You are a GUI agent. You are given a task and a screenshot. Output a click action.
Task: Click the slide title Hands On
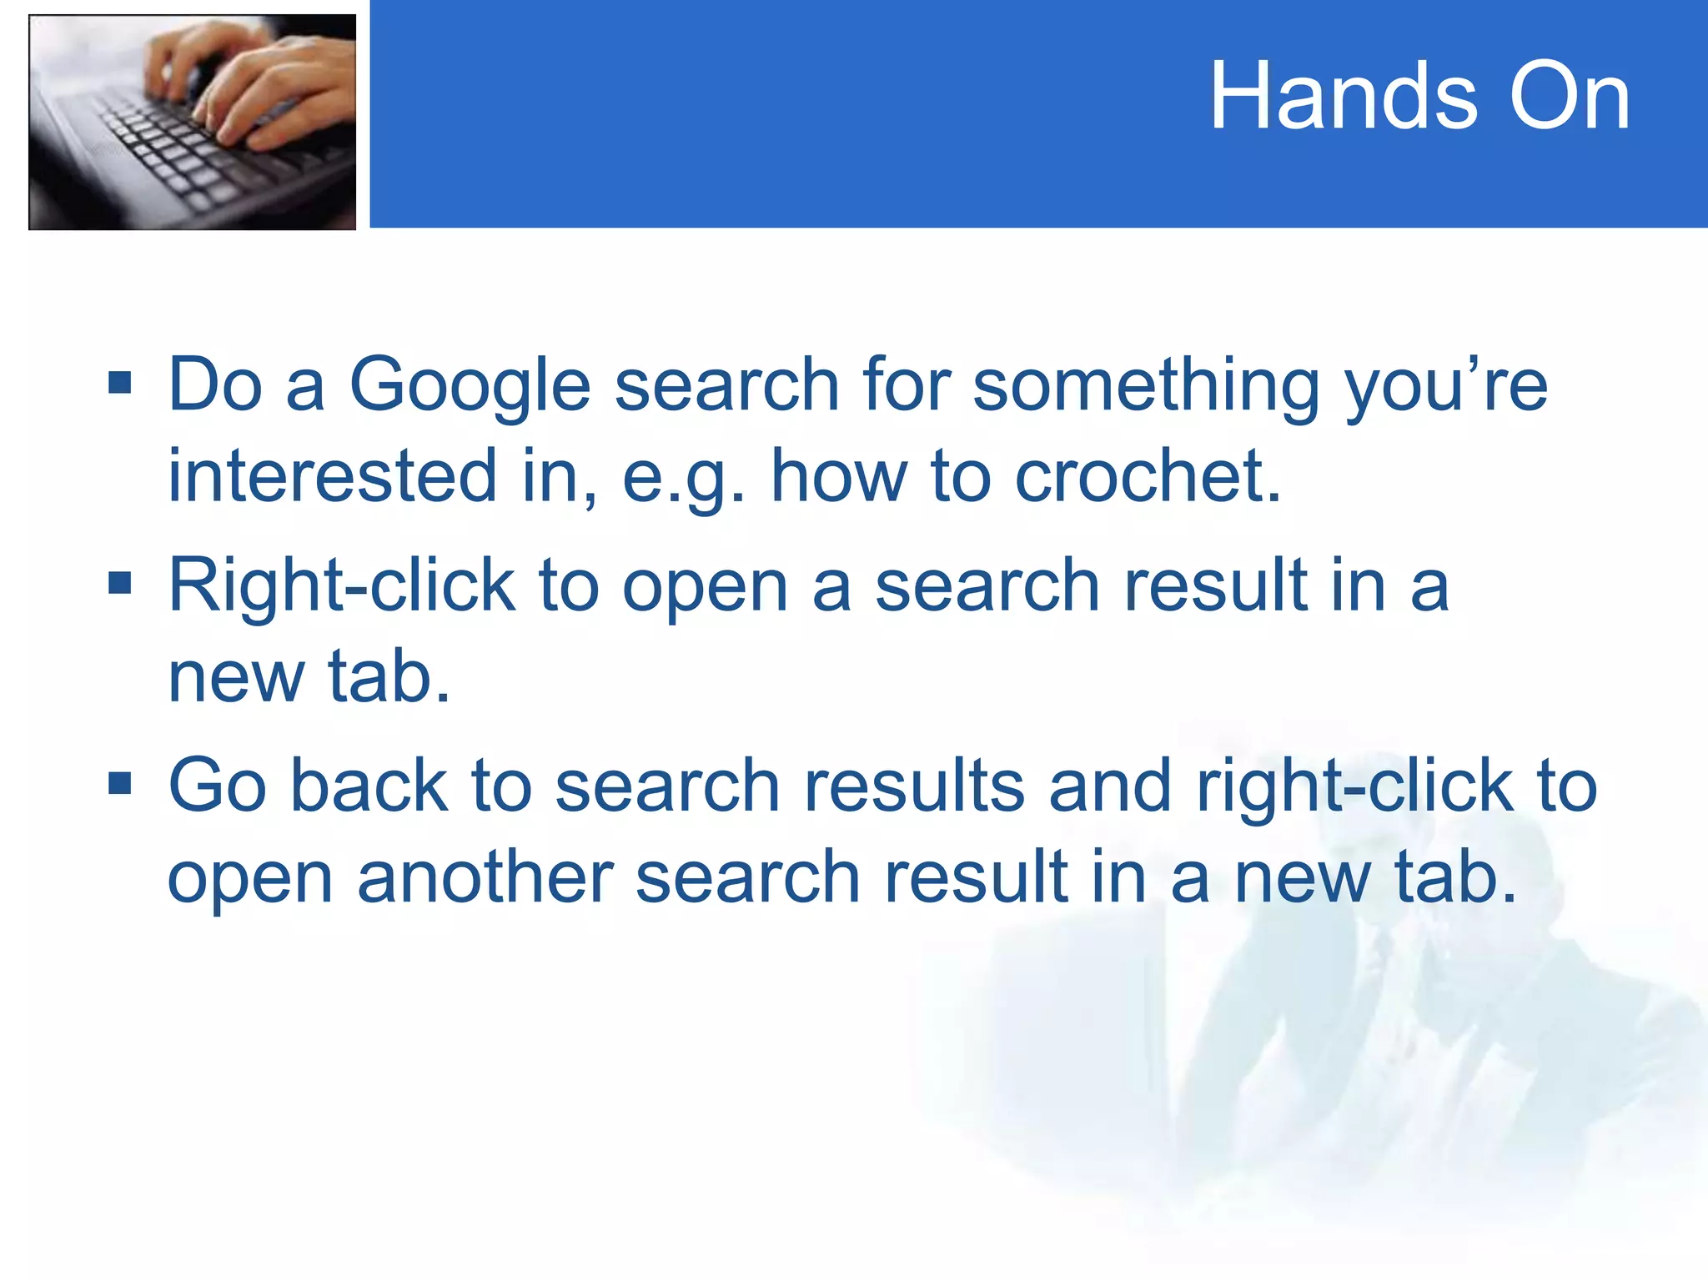coord(1419,97)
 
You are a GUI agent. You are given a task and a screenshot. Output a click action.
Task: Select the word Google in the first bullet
coord(470,385)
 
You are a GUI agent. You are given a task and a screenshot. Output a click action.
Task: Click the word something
coord(1147,385)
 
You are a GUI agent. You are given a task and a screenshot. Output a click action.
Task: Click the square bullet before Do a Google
coord(120,383)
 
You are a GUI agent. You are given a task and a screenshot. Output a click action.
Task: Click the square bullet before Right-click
coord(120,584)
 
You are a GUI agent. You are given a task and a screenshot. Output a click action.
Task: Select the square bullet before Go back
coord(120,784)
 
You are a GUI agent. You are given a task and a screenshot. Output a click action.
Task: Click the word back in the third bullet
coord(369,786)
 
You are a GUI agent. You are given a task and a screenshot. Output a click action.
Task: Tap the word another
coord(485,877)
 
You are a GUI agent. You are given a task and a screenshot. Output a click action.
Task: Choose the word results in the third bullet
coord(914,786)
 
